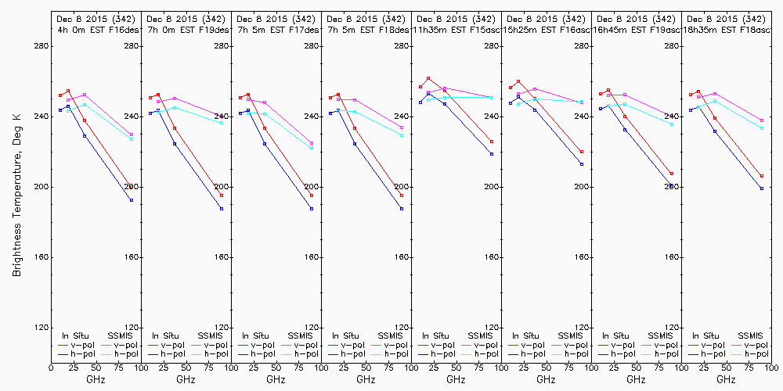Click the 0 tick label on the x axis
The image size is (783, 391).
[x=51, y=368]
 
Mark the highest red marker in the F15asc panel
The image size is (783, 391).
[x=428, y=78]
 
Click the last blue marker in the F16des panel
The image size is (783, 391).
[x=132, y=200]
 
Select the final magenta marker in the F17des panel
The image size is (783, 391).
[x=312, y=143]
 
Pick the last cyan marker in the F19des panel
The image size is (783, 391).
[x=222, y=123]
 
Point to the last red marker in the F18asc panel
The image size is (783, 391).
[x=762, y=176]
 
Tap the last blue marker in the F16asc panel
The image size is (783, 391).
[x=582, y=164]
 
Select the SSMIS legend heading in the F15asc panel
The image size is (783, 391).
[x=482, y=335]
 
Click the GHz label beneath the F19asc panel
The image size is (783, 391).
[x=636, y=379]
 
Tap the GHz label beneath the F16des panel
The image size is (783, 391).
[x=96, y=379]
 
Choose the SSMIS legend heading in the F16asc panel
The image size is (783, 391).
[x=572, y=335]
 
